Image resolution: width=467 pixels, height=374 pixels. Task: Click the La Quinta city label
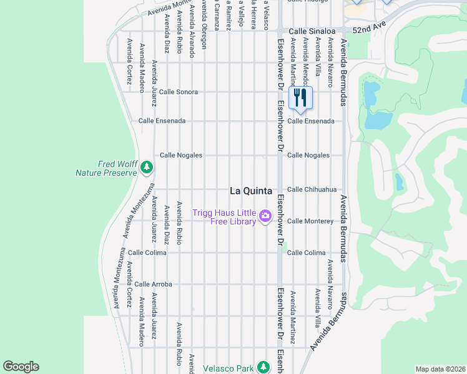point(251,191)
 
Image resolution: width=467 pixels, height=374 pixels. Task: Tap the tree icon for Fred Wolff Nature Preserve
point(146,167)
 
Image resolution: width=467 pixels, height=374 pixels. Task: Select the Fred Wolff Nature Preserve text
point(106,168)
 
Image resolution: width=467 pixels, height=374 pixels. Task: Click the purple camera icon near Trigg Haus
point(265,216)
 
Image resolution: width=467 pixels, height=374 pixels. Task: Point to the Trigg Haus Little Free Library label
point(225,217)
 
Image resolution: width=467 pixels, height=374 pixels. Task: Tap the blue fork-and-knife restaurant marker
point(300,98)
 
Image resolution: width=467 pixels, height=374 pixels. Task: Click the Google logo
point(21,367)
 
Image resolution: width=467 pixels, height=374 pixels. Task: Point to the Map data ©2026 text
point(440,369)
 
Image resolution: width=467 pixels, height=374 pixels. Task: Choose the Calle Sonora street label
point(179,92)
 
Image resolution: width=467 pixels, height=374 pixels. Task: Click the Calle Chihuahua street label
point(312,189)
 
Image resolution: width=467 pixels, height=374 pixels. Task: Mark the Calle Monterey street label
point(310,221)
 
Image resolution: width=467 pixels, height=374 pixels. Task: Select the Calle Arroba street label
point(153,284)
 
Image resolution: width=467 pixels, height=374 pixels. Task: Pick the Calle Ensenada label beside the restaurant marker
point(311,121)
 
